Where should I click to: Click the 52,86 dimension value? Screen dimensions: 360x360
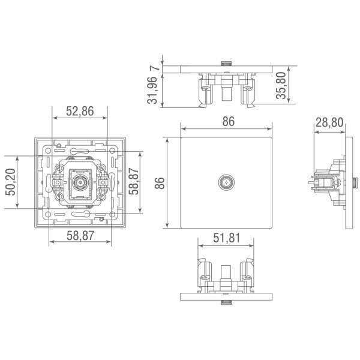(x=80, y=111)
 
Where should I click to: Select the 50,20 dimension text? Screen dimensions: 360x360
(x=11, y=182)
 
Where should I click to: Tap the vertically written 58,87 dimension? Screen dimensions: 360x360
(x=134, y=181)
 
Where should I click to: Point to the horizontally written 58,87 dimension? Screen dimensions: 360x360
(x=80, y=236)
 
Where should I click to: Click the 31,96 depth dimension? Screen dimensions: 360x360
(x=152, y=90)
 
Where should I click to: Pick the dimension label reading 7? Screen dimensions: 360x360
(x=155, y=68)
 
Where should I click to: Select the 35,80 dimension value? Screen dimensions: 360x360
(x=281, y=85)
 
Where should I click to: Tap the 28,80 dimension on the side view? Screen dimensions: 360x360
(x=329, y=122)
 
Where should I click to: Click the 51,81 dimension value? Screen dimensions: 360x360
(x=227, y=238)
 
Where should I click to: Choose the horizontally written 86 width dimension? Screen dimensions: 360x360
(x=229, y=121)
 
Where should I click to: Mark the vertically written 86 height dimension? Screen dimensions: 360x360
(x=160, y=183)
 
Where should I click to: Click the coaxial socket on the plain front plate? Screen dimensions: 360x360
(x=226, y=182)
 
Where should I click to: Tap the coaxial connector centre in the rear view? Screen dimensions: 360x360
(x=80, y=182)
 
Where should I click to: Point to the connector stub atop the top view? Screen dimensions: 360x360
(x=226, y=64)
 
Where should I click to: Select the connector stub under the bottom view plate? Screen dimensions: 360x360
(x=226, y=302)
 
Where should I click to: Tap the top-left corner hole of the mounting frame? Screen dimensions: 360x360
(x=48, y=151)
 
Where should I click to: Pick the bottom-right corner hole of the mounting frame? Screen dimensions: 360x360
(x=112, y=214)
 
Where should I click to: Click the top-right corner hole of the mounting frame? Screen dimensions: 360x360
(x=112, y=151)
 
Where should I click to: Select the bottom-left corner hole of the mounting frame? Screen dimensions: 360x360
(x=48, y=214)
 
